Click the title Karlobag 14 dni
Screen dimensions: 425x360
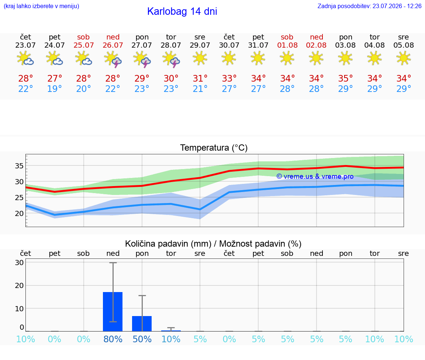182,11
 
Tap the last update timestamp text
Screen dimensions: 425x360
369,6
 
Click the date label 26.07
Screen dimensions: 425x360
113,45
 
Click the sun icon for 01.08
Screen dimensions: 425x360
287,58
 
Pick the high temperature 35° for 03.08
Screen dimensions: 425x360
345,78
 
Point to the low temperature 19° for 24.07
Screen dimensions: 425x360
55,89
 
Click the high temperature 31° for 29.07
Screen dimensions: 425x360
200,78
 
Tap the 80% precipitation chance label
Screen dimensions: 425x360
113,339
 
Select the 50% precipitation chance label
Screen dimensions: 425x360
142,339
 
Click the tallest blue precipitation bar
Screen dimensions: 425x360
113,311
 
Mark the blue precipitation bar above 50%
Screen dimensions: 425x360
142,324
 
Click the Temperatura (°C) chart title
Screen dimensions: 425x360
214,148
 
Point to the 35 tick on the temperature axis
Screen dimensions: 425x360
19,166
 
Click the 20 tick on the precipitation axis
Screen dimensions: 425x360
19,285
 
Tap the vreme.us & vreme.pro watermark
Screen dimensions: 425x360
315,176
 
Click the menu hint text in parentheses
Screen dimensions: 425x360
41,6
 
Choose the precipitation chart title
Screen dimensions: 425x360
213,244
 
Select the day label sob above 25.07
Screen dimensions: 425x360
83,37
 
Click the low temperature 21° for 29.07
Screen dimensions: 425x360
200,89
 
